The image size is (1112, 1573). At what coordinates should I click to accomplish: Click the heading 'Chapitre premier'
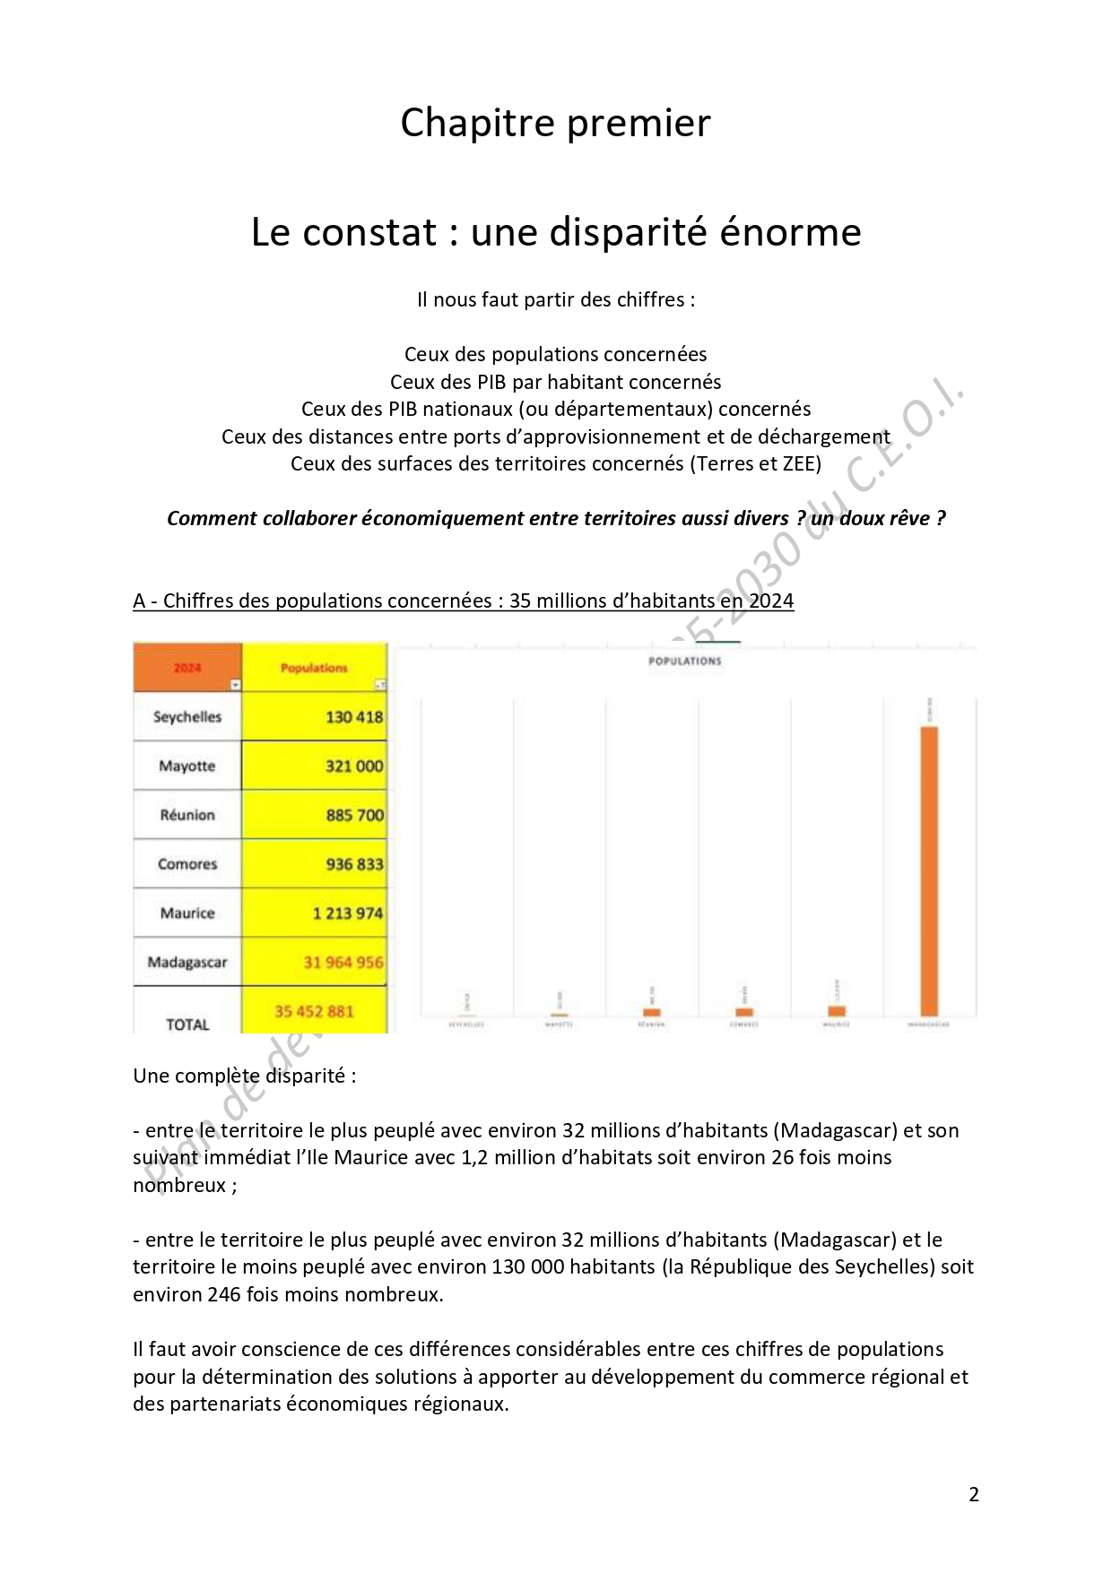coord(555,123)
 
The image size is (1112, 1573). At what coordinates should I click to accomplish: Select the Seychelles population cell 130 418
coord(353,717)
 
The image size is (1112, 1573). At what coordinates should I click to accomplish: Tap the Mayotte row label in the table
coord(187,765)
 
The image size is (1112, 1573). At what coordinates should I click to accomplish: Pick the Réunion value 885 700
coord(353,815)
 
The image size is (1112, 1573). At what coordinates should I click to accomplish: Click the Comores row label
coord(187,864)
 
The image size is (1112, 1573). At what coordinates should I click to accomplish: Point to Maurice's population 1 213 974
coord(347,913)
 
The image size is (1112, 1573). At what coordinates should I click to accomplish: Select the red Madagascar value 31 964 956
coord(343,963)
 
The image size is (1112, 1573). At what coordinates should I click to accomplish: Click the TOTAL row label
coord(187,1024)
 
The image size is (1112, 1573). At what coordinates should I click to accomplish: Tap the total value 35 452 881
coord(314,1011)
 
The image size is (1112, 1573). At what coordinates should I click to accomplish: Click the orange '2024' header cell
coord(187,668)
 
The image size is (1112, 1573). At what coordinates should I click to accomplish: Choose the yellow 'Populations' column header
coord(313,668)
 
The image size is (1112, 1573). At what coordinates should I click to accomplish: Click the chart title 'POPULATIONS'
coord(684,661)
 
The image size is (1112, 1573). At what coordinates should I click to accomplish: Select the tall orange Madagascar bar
coord(929,869)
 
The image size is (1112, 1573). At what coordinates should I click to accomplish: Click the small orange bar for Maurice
coord(837,1011)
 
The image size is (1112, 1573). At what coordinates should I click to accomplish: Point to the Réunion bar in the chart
coord(652,1012)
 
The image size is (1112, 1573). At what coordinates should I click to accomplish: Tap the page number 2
coord(974,1494)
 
